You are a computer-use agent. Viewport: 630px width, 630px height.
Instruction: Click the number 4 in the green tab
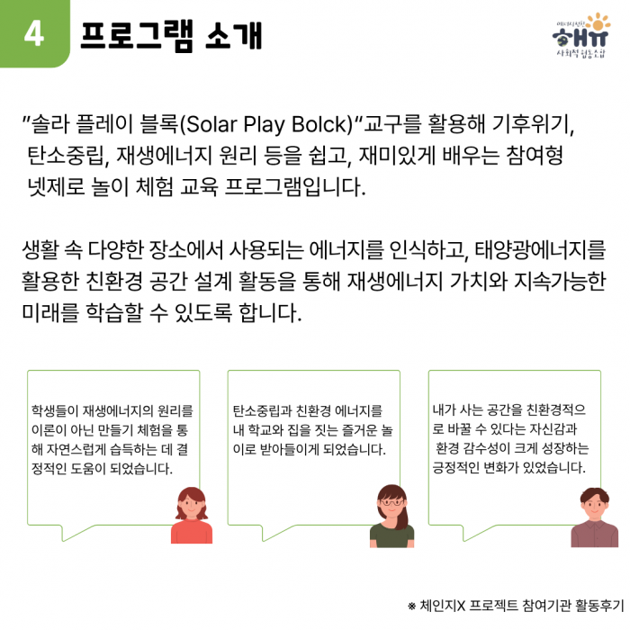[x=34, y=34]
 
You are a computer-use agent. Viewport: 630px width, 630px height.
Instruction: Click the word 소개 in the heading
[x=233, y=35]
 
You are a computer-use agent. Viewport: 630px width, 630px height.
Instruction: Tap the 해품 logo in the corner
[x=581, y=35]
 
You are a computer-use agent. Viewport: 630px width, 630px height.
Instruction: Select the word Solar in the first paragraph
[x=211, y=124]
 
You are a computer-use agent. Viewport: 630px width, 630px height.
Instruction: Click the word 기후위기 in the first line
[x=533, y=124]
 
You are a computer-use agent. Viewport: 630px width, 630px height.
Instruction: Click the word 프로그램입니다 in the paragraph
[x=295, y=187]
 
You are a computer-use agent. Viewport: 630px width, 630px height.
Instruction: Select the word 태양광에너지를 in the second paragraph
[x=540, y=249]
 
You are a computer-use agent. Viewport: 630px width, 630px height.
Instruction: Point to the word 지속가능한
[x=559, y=281]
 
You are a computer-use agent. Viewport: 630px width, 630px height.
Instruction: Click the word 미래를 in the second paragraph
[x=50, y=312]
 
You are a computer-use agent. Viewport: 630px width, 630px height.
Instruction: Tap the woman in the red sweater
[x=192, y=516]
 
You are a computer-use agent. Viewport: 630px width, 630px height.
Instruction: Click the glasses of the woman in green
[x=391, y=502]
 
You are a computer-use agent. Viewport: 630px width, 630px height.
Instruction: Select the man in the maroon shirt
[x=595, y=517]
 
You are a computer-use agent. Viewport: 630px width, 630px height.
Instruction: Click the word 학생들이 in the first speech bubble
[x=55, y=410]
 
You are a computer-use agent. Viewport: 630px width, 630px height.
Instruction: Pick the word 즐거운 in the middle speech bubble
[x=359, y=430]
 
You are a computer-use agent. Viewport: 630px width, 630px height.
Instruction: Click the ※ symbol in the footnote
[x=412, y=606]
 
